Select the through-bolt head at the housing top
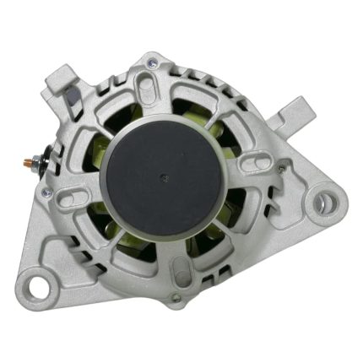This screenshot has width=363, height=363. [151, 61]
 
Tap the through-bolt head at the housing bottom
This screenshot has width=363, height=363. [176, 295]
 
